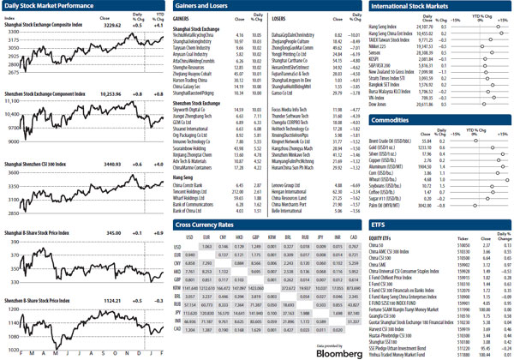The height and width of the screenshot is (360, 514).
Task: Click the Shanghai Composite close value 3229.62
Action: pyautogui.click(x=113, y=26)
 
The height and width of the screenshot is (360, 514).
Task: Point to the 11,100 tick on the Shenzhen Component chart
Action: pyautogui.click(x=11, y=100)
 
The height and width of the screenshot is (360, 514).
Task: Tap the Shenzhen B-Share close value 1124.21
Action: pyautogui.click(x=113, y=301)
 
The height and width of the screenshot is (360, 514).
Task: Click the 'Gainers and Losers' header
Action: pyautogui.click(x=203, y=5)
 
